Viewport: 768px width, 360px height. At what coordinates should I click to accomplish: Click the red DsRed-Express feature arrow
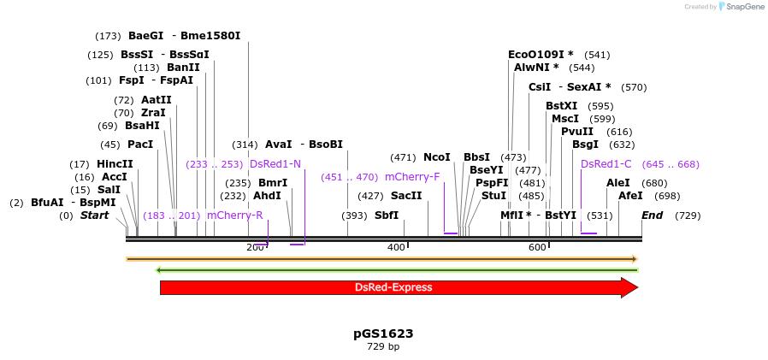click(393, 287)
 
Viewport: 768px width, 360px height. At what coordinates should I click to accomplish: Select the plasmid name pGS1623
click(383, 333)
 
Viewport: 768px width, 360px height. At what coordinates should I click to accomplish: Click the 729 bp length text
click(383, 347)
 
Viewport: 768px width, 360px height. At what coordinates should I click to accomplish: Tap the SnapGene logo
click(740, 7)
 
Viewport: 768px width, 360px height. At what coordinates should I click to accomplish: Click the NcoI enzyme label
click(436, 157)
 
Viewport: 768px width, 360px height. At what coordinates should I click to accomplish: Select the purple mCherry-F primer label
click(412, 177)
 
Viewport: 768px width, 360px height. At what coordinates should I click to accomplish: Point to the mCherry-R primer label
click(234, 215)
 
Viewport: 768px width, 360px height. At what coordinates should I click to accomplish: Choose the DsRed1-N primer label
click(275, 164)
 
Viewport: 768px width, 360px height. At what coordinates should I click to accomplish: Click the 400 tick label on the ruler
click(396, 247)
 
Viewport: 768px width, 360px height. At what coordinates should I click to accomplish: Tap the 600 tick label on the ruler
click(537, 247)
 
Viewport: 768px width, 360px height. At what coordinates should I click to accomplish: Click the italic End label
click(653, 215)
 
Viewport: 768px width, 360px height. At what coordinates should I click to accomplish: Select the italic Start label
click(94, 215)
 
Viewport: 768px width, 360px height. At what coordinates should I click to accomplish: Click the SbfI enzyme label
click(387, 215)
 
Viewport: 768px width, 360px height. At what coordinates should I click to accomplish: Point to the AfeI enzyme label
click(630, 196)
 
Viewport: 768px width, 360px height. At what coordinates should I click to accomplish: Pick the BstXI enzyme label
click(562, 106)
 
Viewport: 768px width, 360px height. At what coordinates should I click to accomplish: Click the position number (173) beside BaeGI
click(109, 36)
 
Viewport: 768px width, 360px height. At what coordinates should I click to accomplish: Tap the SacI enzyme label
click(406, 196)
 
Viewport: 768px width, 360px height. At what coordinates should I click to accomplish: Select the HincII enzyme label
click(115, 164)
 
